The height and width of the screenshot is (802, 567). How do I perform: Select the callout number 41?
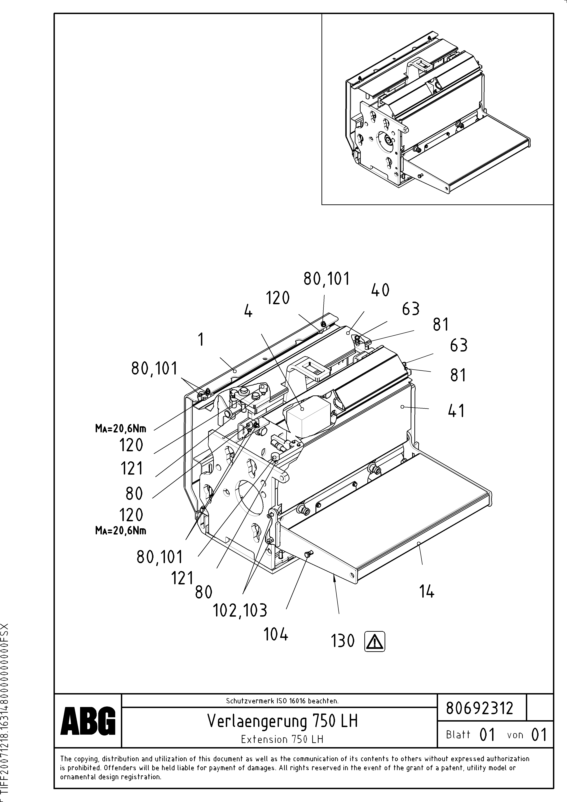click(456, 411)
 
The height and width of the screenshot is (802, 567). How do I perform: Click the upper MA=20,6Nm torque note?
click(121, 429)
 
